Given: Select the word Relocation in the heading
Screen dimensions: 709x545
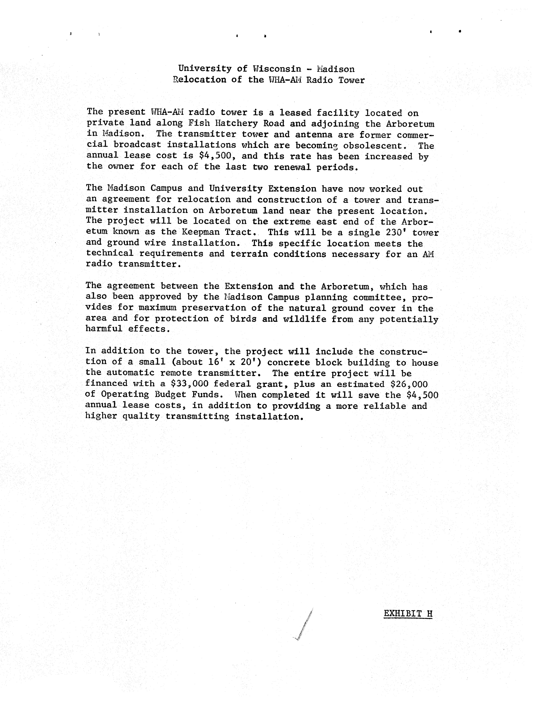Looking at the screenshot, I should click(200, 80).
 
